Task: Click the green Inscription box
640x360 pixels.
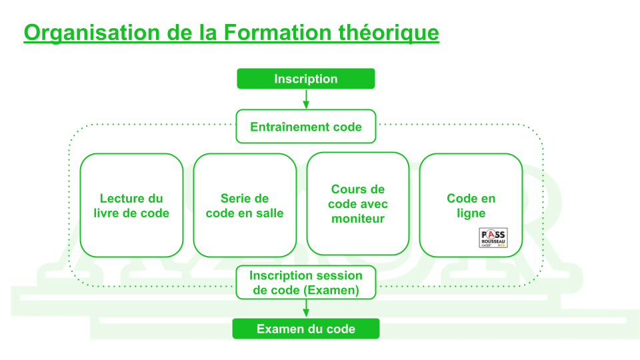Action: (x=306, y=79)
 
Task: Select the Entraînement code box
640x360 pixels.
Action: (x=306, y=127)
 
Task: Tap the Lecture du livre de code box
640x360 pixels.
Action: (x=131, y=205)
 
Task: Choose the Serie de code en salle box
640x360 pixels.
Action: (x=245, y=205)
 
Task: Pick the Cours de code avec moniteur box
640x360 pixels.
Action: (x=358, y=204)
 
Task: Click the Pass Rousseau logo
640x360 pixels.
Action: (x=493, y=238)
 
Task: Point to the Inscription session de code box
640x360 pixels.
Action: (x=306, y=283)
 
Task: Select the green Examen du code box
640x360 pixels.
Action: (x=306, y=329)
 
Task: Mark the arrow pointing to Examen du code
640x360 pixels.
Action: (x=306, y=309)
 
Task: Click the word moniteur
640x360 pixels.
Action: (x=358, y=219)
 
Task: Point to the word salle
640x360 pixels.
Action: (x=267, y=213)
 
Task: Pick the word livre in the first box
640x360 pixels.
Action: (x=108, y=213)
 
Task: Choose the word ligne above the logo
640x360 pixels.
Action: (x=471, y=213)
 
